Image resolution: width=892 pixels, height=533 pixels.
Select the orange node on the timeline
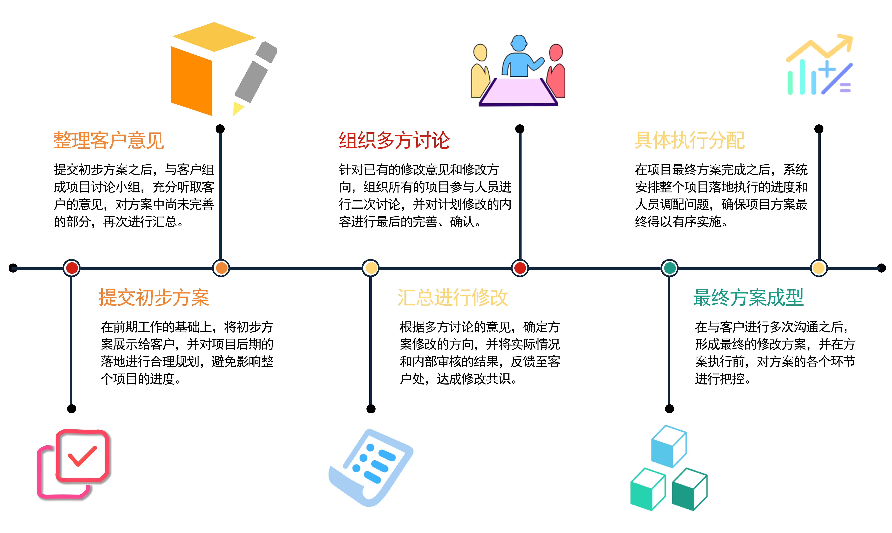pos(221,268)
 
